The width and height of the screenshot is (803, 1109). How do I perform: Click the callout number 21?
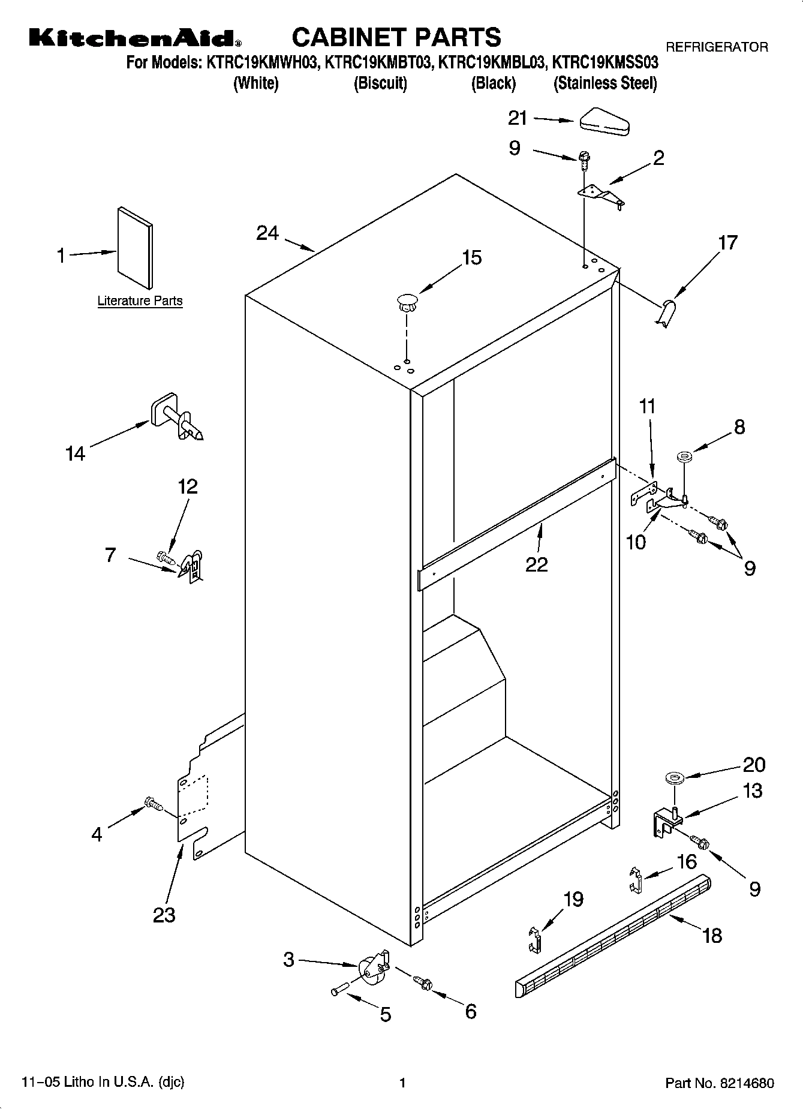coord(517,119)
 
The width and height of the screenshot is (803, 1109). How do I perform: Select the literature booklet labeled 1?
coord(136,248)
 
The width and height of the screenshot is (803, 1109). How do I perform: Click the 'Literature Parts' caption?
coord(140,301)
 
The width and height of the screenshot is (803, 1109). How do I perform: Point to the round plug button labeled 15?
coord(407,301)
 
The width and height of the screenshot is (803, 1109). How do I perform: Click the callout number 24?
coord(267,233)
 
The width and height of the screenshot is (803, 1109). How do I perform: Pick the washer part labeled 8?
coord(684,458)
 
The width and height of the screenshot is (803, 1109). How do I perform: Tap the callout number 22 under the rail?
coord(537,564)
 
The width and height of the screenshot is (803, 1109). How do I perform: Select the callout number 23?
coord(164,915)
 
